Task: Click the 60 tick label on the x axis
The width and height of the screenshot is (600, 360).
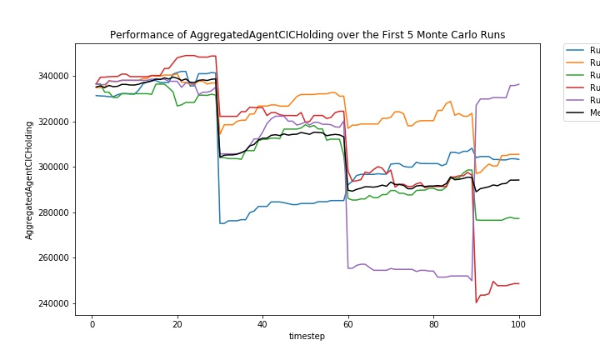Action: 347,324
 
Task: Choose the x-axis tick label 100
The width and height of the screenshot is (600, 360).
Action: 518,324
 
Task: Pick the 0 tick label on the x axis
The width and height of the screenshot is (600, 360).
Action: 92,324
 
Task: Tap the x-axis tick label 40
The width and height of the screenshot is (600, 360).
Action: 262,324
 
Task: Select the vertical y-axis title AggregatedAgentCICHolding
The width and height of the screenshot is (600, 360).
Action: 29,180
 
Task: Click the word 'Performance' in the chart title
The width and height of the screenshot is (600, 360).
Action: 138,35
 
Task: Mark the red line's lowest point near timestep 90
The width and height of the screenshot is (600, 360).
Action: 477,302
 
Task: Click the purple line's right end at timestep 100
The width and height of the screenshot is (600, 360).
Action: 518,84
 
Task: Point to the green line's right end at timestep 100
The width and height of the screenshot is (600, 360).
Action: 518,218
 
